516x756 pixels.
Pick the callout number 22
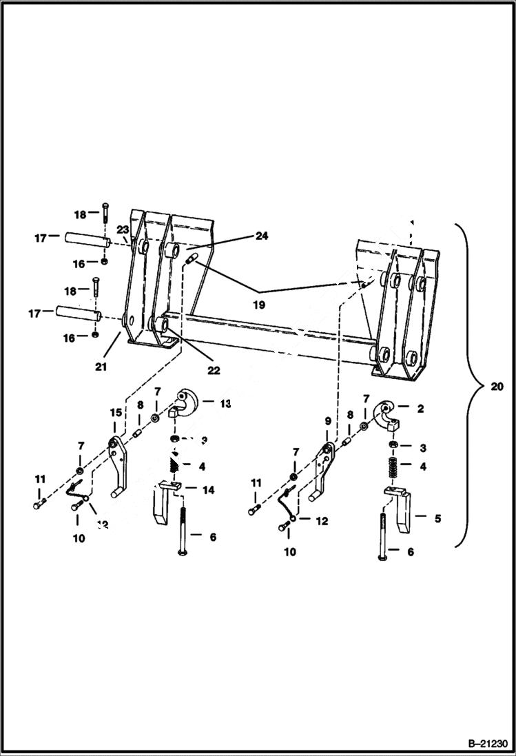(x=214, y=370)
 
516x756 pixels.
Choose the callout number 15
(x=116, y=412)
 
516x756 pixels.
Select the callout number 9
(x=328, y=420)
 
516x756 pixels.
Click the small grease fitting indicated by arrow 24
(x=192, y=260)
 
